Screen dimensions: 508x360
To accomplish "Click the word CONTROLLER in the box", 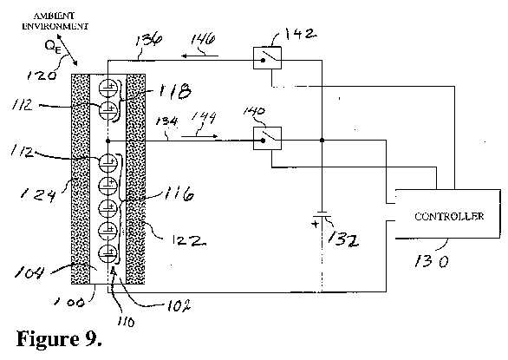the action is coord(449,216).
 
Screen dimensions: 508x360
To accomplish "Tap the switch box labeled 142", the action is coord(267,58).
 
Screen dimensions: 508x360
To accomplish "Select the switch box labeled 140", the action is coord(267,139).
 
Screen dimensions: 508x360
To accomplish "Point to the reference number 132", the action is coord(343,239).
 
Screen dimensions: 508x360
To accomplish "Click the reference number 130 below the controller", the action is coord(432,261).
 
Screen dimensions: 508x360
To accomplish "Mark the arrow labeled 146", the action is coord(199,56).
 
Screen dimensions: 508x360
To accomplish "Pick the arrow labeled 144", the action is coord(199,136).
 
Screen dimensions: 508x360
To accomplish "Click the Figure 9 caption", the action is coord(59,339).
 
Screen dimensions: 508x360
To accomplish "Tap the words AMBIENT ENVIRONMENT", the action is coord(55,21).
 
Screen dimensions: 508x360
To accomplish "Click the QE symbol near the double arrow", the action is coord(53,47).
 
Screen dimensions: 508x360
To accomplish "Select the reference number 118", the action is coord(174,90).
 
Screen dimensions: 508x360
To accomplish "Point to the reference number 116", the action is coord(179,193).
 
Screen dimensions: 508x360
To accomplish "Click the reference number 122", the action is coord(189,240).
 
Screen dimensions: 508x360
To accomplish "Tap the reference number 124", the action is coord(38,194).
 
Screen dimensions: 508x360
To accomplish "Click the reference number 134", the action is coord(166,121).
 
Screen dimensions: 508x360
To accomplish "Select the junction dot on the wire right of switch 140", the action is coord(322,141).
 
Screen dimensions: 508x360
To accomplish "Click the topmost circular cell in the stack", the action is coord(107,87).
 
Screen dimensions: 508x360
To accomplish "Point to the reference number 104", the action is coord(29,272).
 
